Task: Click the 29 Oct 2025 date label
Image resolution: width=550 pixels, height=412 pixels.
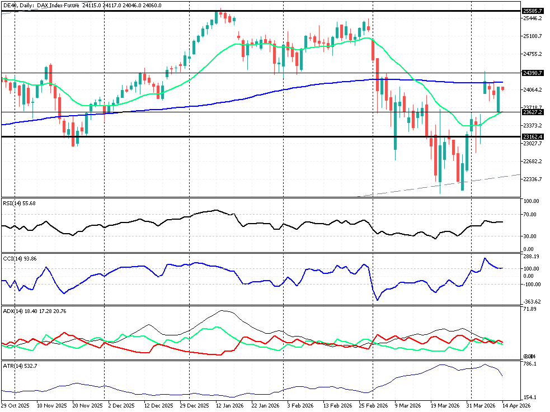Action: (15, 406)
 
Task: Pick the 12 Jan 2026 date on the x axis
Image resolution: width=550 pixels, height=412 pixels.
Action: (230, 406)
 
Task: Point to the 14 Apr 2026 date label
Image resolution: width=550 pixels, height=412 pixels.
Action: (515, 406)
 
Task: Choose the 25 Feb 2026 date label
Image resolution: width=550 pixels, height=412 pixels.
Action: (373, 406)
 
